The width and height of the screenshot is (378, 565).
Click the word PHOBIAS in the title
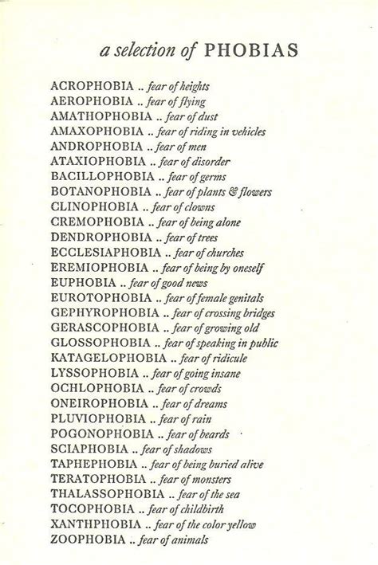tap(250, 51)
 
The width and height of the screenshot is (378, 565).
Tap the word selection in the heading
tap(144, 52)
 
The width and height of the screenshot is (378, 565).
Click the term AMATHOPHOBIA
tap(100, 116)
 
